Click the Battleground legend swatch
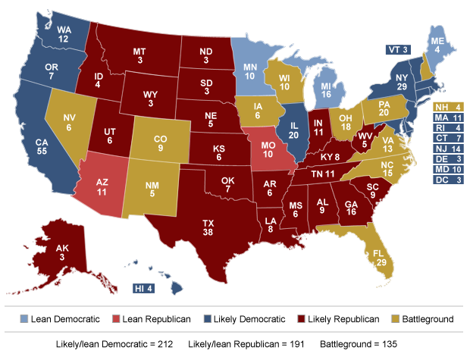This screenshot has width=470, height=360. pyautogui.click(x=394, y=319)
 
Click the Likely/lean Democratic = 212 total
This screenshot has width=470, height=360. pyautogui.click(x=111, y=343)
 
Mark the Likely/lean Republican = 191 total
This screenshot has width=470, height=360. pyautogui.click(x=246, y=343)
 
